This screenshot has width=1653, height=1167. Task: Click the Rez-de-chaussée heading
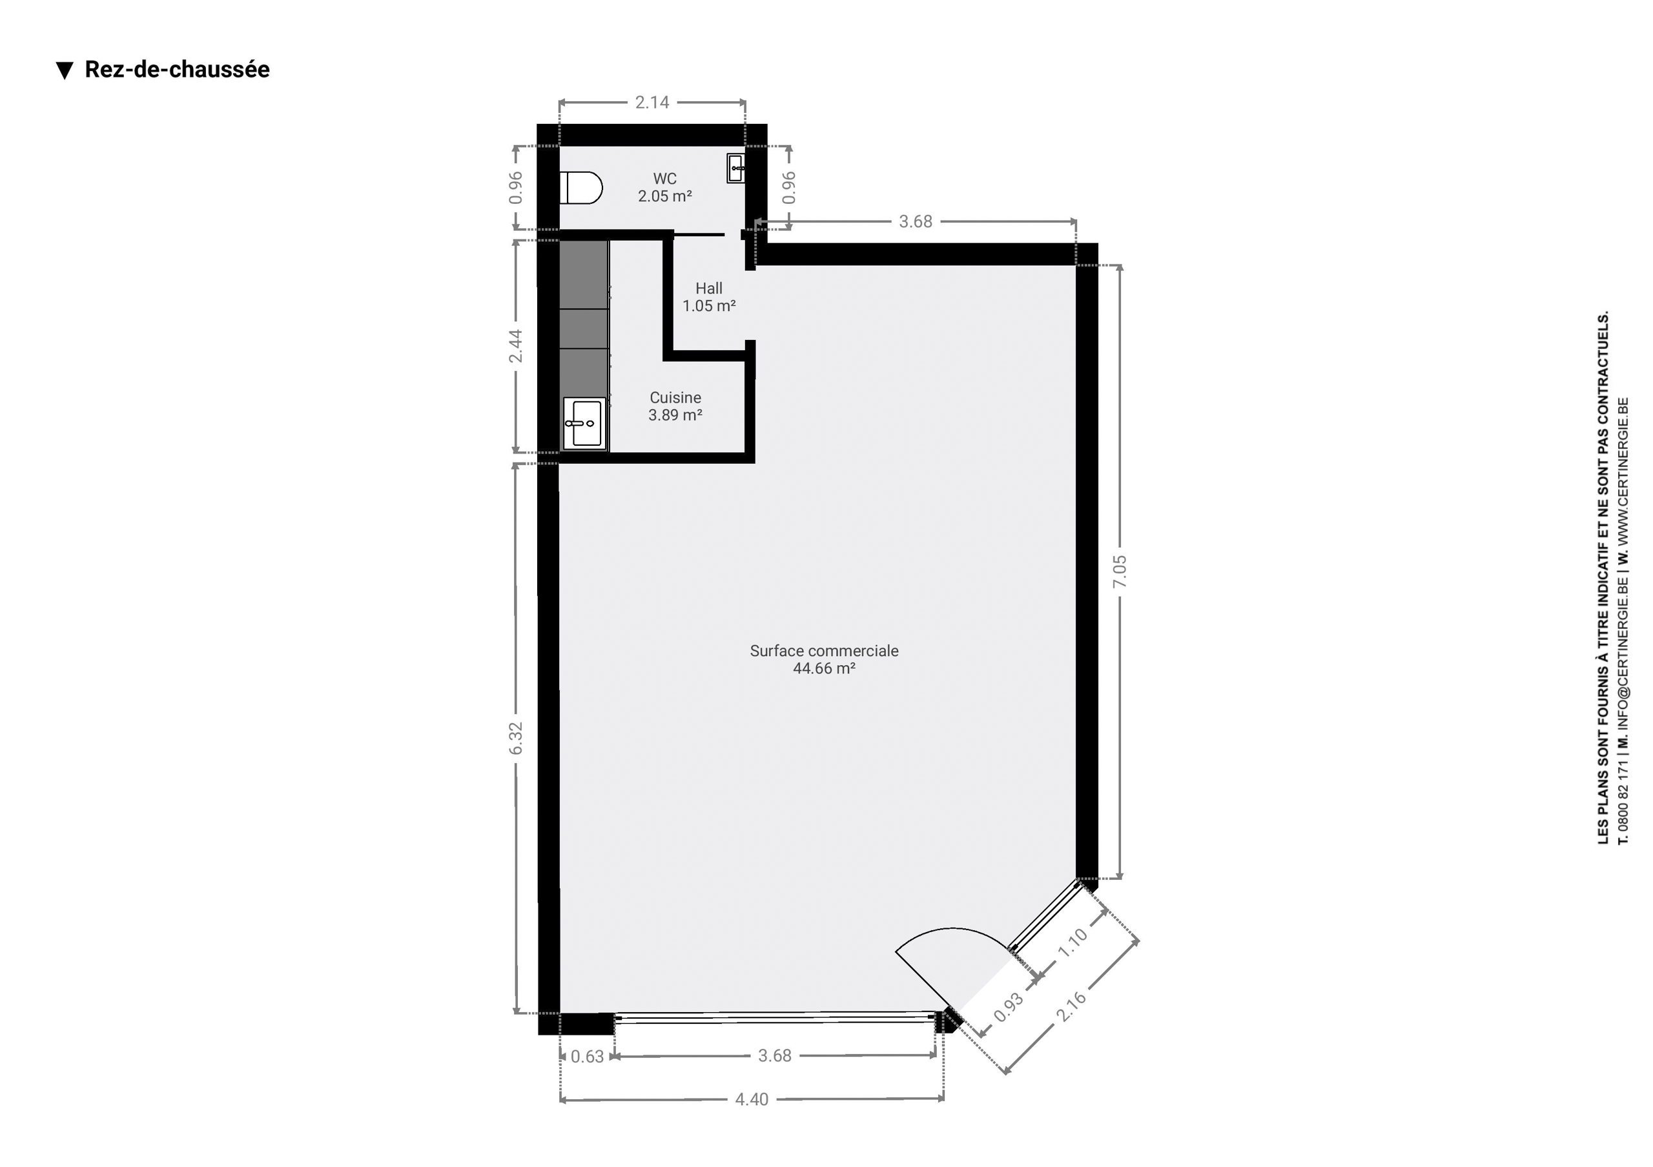[177, 70]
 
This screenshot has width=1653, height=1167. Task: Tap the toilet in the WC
[581, 188]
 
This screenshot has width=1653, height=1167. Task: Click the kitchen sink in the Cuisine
[584, 424]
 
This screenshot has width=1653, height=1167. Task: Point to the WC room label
[664, 179]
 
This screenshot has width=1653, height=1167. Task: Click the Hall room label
[709, 288]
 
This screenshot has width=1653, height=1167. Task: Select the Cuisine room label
[675, 397]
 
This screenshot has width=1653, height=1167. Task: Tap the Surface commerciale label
[825, 651]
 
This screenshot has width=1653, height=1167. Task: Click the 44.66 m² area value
[825, 668]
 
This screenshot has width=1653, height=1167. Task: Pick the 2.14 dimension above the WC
[652, 102]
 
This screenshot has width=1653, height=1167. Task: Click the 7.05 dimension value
[1120, 572]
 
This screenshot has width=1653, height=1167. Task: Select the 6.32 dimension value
[515, 738]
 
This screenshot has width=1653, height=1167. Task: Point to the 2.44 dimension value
[515, 346]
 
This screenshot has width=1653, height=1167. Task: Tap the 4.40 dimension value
[752, 1099]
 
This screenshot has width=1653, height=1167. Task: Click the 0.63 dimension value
[588, 1057]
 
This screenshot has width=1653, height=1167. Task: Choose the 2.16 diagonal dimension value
[1071, 1006]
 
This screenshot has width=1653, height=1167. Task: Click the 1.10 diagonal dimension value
[1072, 943]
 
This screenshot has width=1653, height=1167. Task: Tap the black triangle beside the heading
[65, 70]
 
